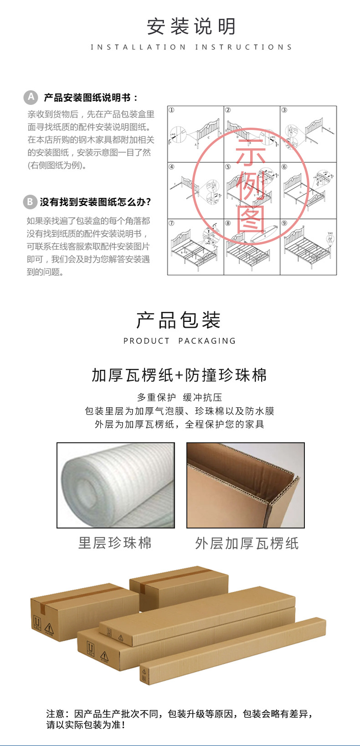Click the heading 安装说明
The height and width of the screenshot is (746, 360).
pyautogui.click(x=191, y=27)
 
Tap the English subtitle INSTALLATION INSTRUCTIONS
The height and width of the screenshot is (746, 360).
pyautogui.click(x=191, y=47)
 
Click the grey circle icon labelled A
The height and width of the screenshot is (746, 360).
pyautogui.click(x=31, y=97)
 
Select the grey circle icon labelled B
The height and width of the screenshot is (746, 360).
pyautogui.click(x=30, y=202)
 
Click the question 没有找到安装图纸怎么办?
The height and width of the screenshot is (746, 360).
pyautogui.click(x=95, y=202)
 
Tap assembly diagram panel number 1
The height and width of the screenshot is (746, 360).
pyautogui.click(x=195, y=134)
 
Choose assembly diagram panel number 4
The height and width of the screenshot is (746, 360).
pyautogui.click(x=195, y=191)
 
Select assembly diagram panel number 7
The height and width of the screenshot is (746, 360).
pyautogui.click(x=195, y=247)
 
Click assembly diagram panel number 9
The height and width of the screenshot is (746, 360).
pyautogui.click(x=308, y=247)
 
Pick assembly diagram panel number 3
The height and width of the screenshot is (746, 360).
pyautogui.click(x=308, y=134)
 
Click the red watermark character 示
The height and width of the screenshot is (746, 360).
pyautogui.click(x=251, y=153)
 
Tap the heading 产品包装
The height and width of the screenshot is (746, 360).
pyautogui.click(x=179, y=320)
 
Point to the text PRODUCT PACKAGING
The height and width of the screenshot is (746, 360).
pyautogui.click(x=180, y=341)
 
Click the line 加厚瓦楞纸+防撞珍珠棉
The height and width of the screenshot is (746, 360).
pyautogui.click(x=180, y=375)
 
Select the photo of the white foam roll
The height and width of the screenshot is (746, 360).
pyautogui.click(x=116, y=485)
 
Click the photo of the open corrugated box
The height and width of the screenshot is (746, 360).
pyautogui.click(x=246, y=485)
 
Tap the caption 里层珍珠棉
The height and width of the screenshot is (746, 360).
pyautogui.click(x=115, y=543)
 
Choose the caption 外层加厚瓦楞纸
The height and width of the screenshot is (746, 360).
pyautogui.click(x=247, y=543)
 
